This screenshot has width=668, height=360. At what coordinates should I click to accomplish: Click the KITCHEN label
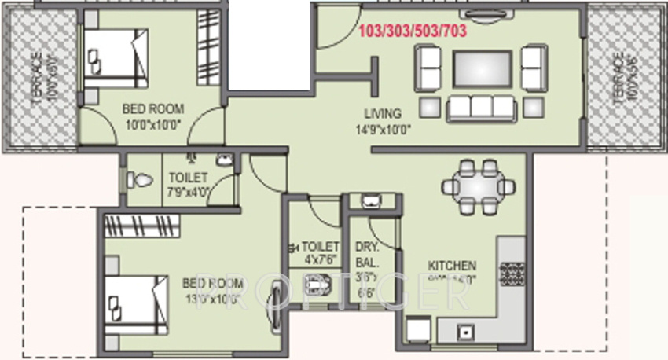(x=452, y=266)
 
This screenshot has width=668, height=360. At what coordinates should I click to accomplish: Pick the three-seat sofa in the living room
(x=480, y=108)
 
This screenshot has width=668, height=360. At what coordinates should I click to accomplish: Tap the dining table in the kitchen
(x=479, y=187)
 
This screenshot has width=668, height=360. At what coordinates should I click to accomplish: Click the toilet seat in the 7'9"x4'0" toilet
(x=139, y=180)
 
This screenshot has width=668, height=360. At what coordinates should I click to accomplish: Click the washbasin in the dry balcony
(x=369, y=201)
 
